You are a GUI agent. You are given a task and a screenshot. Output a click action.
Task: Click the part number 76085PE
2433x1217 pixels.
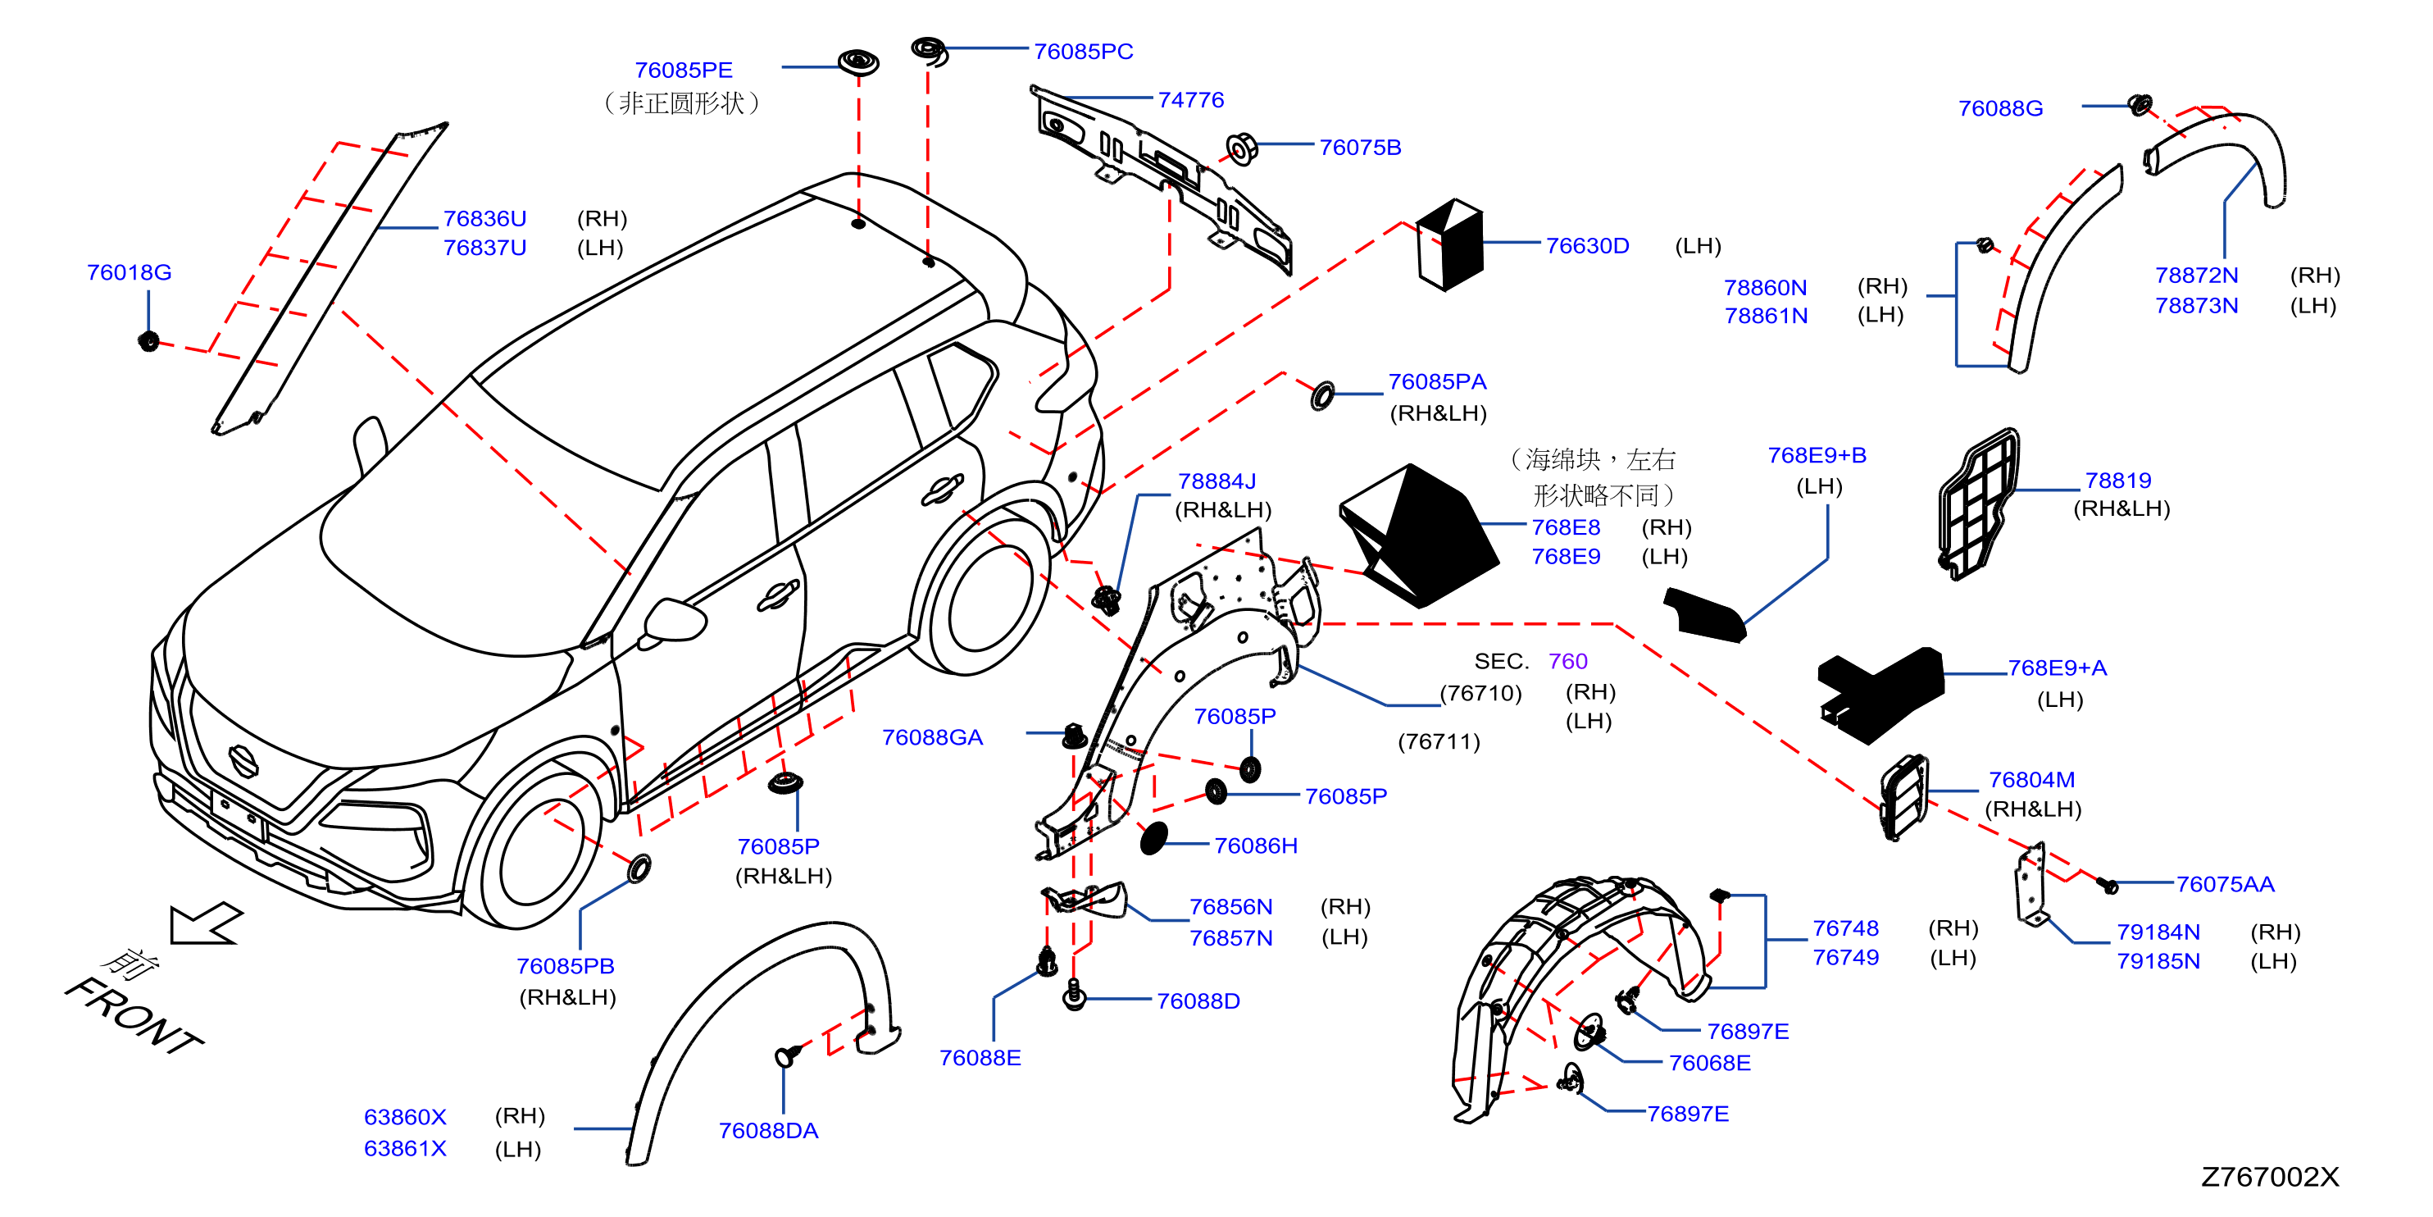pos(683,70)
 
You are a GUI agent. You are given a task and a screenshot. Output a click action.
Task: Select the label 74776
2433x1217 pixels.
pos(1190,99)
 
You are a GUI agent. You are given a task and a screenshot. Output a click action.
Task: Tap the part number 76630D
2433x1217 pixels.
pos(1587,246)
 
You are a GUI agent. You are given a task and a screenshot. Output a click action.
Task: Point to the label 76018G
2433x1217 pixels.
pos(129,272)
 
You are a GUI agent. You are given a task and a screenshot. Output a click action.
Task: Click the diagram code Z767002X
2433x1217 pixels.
pos(2270,1176)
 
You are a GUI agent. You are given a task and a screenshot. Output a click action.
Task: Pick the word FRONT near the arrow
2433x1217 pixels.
pos(133,1016)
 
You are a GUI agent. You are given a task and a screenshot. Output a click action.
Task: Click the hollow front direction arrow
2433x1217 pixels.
pos(205,923)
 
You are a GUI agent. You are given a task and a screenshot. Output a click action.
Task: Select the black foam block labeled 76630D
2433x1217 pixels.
pos(1450,244)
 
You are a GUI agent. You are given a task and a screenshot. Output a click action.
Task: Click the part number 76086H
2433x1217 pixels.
pos(1255,846)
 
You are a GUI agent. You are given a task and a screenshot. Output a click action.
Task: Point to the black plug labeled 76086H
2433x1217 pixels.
pos(1153,838)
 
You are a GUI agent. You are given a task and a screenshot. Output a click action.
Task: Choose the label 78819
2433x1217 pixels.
pos(2117,480)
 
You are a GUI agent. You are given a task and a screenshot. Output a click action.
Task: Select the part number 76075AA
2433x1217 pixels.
pos(2226,884)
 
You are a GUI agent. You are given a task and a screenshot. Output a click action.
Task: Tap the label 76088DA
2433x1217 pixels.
pos(768,1131)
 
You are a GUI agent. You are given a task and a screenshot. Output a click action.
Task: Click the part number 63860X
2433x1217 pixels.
pos(404,1117)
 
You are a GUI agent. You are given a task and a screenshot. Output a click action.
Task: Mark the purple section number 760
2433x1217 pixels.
pos(1568,662)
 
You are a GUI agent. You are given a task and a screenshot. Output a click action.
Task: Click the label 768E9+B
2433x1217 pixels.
pos(1817,455)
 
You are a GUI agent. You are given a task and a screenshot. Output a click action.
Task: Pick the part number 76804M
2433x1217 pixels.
pos(2031,780)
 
